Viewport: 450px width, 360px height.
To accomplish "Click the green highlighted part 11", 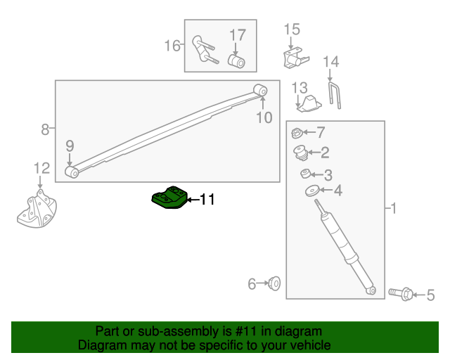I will [170, 198].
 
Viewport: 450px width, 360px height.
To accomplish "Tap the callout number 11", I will [206, 200].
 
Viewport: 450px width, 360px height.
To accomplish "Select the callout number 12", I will [41, 168].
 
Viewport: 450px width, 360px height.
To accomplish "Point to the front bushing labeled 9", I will [71, 172].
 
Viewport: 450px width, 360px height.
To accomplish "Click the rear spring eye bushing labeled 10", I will [261, 90].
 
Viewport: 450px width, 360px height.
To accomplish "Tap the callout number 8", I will [45, 129].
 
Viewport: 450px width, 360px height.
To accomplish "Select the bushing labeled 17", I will [238, 62].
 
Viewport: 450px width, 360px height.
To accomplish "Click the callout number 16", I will [172, 46].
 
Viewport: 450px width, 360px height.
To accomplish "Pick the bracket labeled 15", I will [293, 57].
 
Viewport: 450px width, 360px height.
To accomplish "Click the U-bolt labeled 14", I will [335, 96].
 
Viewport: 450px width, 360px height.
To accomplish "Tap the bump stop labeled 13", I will [308, 105].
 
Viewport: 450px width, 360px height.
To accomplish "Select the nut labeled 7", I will [297, 132].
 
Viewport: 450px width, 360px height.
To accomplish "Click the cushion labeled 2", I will [301, 152].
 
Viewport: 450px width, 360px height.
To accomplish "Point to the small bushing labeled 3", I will [305, 174].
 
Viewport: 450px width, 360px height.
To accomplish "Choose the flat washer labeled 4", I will [311, 191].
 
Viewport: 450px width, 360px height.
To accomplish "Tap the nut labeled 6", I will [275, 284].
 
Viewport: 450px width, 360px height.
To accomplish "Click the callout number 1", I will [393, 208].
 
